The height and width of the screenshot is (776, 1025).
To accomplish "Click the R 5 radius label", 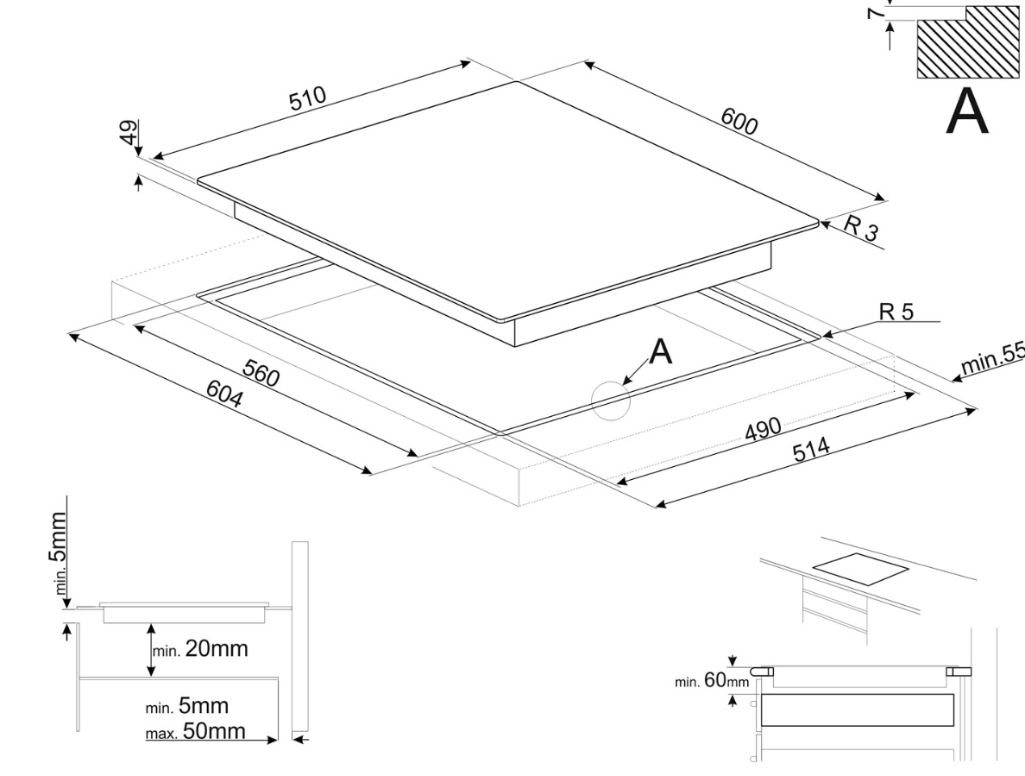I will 896,312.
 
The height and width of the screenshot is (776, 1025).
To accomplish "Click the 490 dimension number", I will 763,429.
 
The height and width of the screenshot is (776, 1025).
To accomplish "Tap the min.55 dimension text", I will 992,358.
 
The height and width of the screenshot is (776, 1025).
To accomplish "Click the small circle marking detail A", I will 611,401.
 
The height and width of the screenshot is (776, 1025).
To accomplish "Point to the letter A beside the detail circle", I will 660,352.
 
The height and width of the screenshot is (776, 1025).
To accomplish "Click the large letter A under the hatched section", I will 967,111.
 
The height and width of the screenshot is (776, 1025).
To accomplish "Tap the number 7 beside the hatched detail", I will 875,13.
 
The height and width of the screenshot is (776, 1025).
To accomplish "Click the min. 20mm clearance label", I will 200,648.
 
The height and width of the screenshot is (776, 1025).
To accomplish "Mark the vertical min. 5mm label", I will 58,552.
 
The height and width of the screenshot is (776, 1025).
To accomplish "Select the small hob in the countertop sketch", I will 861,570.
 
